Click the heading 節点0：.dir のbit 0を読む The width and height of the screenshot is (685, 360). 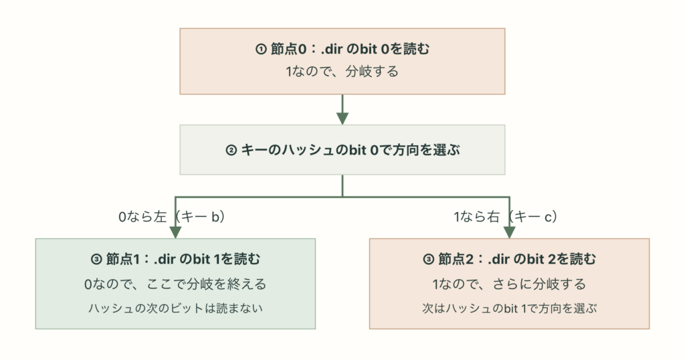(350, 49)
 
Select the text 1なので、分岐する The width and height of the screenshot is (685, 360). (342, 71)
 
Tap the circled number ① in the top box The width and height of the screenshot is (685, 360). (261, 49)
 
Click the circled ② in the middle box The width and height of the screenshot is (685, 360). (231, 151)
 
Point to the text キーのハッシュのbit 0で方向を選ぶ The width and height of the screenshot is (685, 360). (351, 150)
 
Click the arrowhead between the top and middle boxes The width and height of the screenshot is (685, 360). (342, 118)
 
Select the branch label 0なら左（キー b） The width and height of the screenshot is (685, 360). (172, 216)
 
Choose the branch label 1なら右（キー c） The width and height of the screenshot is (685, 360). (506, 216)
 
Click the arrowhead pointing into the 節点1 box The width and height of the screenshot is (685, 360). (175, 232)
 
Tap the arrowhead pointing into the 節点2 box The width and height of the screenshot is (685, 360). (509, 232)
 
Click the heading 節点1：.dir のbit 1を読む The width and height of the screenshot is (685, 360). (183, 259)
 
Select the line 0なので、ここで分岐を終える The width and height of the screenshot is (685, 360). (175, 284)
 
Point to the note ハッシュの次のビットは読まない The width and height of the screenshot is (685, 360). (175, 308)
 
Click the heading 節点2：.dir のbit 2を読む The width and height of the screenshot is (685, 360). (517, 259)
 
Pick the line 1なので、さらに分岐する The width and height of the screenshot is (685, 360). (509, 284)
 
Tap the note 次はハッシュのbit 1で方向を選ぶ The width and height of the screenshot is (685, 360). (509, 308)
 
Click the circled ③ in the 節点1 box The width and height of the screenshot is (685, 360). (96, 260)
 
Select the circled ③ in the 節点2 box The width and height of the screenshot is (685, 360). (429, 260)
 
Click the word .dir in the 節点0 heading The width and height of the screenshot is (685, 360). (332, 49)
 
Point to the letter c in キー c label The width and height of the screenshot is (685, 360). (548, 217)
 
